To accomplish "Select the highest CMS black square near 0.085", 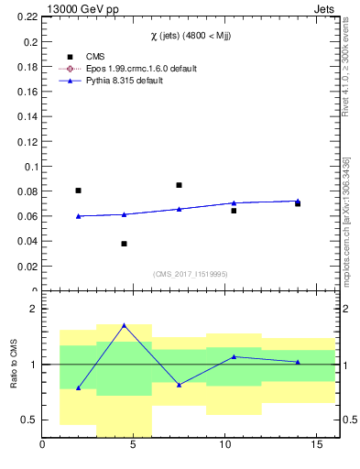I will tap(179, 185).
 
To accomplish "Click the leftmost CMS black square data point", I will tap(78, 191).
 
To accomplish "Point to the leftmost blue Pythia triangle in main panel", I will tap(78, 216).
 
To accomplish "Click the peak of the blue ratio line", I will tap(124, 325).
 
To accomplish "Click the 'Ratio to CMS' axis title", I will tap(13, 364).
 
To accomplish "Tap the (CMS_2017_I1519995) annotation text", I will tap(191, 273).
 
